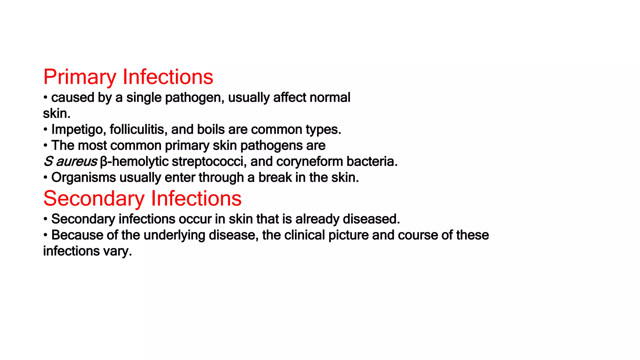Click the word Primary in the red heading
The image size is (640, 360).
click(79, 77)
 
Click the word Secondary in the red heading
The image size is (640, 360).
click(94, 198)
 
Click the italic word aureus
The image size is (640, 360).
click(77, 162)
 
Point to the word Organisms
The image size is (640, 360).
click(83, 177)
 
